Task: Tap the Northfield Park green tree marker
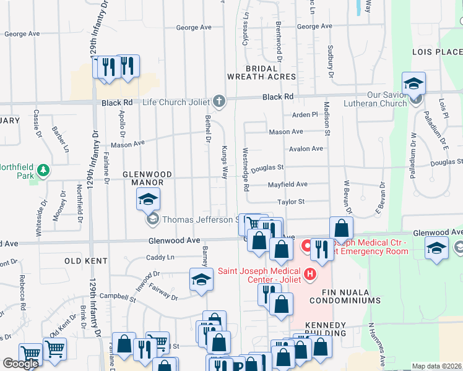coord(43,169)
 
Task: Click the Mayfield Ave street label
coord(287,184)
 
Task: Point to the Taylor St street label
coord(291,202)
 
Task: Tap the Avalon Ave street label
coord(305,149)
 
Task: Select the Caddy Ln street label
coord(160,257)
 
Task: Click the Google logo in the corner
coord(20,364)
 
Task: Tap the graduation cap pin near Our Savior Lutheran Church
coord(413,83)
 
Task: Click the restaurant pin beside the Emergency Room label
coord(321,249)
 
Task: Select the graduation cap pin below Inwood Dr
coord(201,280)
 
